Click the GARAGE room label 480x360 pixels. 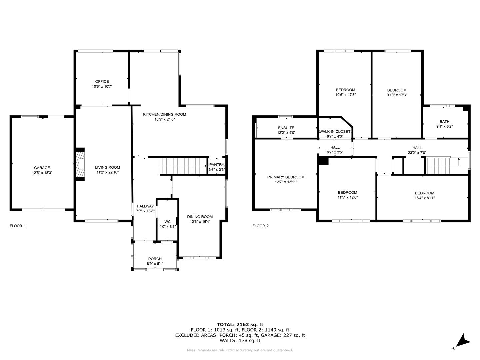pos(42,168)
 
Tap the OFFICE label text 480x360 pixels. pos(102,82)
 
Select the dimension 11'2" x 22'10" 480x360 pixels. pos(107,172)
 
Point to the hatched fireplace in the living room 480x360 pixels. pos(80,164)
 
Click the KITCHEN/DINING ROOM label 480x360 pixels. pos(164,114)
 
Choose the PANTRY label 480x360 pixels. pos(217,165)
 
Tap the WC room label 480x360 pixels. pos(168,222)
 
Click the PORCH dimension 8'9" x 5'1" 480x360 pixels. pos(155,264)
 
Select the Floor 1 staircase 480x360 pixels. pos(183,166)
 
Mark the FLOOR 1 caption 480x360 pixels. pos(18,226)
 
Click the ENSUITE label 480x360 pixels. pos(286,128)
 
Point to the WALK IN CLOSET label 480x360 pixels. pos(335,131)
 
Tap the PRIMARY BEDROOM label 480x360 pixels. pos(286,177)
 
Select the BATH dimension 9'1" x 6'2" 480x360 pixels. pos(444,126)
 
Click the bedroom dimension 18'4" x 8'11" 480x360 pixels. pos(424,198)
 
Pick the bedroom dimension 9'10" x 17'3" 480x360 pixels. pos(397,95)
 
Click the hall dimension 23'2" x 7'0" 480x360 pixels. pos(417,153)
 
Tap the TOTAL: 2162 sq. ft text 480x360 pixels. pos(240,324)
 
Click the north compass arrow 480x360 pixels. pos(462,344)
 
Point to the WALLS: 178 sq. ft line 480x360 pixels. pos(240,340)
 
